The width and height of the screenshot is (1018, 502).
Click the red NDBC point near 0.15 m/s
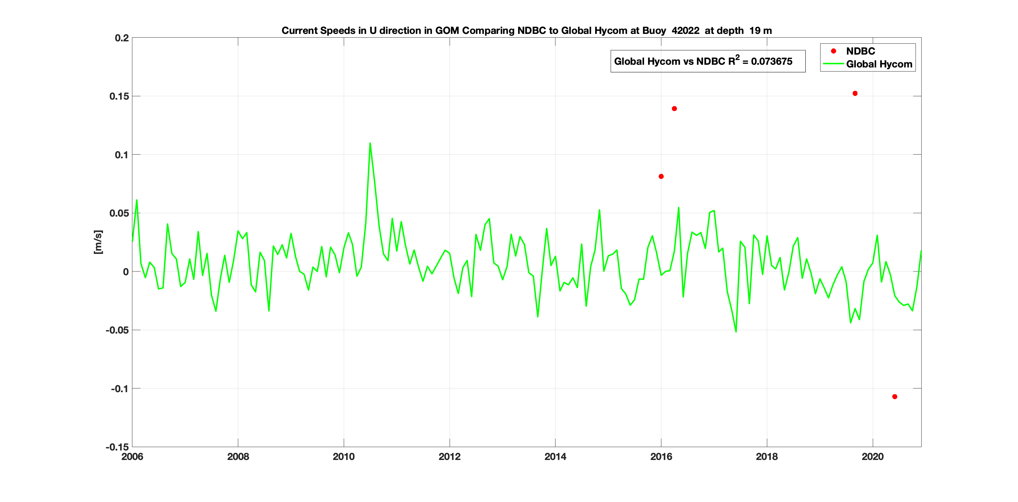[x=855, y=94]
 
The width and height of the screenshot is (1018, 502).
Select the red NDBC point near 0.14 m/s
[x=674, y=108]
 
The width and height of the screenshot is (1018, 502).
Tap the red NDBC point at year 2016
[x=661, y=176]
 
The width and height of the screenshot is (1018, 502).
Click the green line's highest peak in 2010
[x=370, y=143]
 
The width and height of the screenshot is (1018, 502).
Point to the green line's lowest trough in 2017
[x=736, y=332]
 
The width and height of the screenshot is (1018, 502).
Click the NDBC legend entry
[x=860, y=51]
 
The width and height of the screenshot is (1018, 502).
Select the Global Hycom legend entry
[x=879, y=64]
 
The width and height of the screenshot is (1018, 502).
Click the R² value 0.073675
[x=771, y=62]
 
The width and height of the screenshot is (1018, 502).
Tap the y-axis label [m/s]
[x=98, y=242]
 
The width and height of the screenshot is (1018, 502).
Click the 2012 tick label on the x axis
[x=449, y=457]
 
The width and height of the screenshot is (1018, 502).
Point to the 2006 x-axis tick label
[x=132, y=457]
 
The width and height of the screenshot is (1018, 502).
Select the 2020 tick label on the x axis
[x=872, y=457]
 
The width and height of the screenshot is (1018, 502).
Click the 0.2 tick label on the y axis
[x=122, y=38]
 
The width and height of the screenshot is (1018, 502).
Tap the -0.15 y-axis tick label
[x=117, y=447]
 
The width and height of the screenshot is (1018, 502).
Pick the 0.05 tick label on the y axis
[x=119, y=213]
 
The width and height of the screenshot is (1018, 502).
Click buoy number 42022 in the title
[x=685, y=31]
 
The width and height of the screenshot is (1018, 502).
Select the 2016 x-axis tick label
[x=661, y=457]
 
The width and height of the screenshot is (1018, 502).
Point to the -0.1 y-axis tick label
[x=120, y=389]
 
